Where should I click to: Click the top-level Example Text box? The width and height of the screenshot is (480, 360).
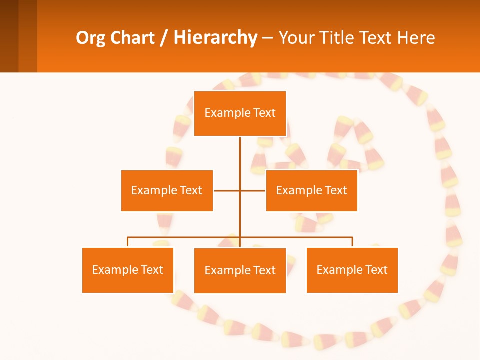click(x=240, y=113)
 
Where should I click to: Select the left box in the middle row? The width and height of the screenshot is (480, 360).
click(x=167, y=190)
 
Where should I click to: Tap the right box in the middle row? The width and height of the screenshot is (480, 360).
click(x=311, y=190)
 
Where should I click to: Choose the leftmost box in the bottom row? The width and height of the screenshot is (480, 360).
click(x=128, y=270)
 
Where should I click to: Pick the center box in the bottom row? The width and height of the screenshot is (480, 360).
click(x=240, y=270)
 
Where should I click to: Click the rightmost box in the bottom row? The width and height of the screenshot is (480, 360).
click(x=352, y=270)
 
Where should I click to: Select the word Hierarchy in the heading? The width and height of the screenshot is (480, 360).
click(x=215, y=38)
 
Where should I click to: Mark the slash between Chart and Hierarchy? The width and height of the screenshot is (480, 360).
click(x=164, y=38)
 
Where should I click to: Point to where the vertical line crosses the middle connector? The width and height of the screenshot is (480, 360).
click(x=240, y=190)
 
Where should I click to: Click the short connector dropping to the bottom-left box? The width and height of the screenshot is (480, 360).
click(x=128, y=242)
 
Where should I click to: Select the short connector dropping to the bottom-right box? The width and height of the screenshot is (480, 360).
click(x=352, y=242)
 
